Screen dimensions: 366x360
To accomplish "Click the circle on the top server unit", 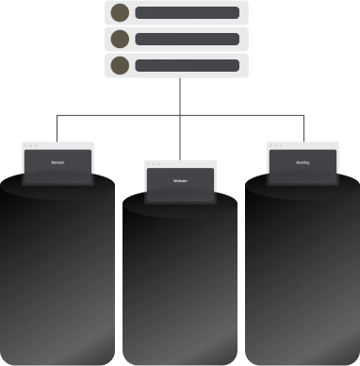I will (120, 12).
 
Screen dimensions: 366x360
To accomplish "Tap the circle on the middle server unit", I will (120, 39).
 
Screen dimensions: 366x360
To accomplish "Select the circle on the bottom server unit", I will (120, 65).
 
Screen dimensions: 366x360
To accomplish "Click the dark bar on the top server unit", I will (187, 12).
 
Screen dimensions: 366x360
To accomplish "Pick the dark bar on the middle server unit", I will (187, 39).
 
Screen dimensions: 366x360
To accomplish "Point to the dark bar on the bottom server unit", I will (187, 65).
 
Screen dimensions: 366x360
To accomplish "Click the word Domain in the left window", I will (57, 163).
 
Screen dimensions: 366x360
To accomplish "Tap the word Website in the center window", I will (180, 180).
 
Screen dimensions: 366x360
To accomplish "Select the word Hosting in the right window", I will (303, 163).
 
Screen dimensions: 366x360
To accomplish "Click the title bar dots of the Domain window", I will (31, 145).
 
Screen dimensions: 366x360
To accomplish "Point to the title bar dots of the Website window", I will (154, 163).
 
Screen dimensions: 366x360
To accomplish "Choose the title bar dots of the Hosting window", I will (276, 145).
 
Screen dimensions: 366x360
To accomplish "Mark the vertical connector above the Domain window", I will (57, 128).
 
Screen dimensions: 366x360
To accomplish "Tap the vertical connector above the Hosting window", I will (303, 128).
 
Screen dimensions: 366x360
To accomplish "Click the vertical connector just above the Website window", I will (179, 141).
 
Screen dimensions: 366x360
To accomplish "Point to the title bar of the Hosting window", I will (311, 145).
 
